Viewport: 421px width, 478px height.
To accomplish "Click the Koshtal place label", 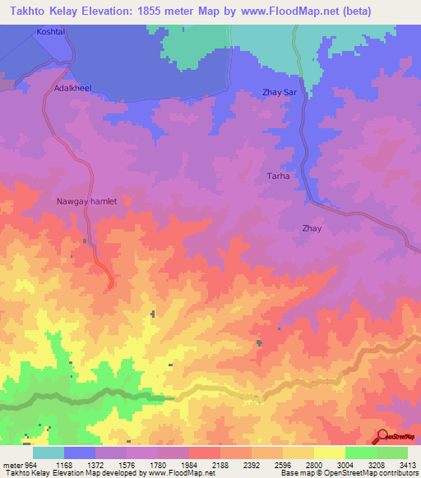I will tap(50, 31).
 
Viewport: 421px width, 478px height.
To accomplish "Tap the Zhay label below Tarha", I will tap(312, 229).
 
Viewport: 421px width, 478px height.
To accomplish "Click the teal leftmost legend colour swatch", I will tap(49, 453).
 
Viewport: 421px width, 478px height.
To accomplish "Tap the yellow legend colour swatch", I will tap(329, 453).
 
